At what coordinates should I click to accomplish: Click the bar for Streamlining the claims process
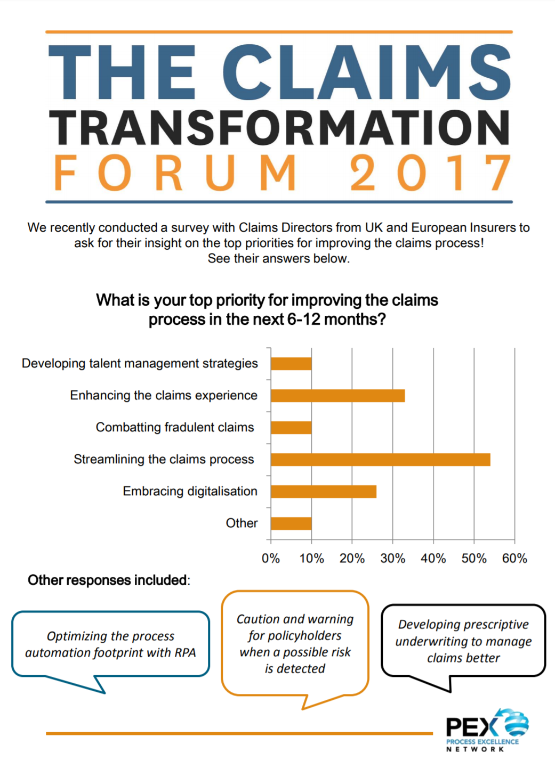[380, 460]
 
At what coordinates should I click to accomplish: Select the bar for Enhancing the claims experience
[337, 396]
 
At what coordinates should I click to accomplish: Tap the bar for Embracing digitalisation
[323, 492]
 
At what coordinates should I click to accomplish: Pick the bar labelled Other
[291, 523]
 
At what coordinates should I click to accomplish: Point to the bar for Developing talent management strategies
[291, 364]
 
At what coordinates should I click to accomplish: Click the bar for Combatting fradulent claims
[291, 428]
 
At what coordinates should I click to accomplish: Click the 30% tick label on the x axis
[392, 559]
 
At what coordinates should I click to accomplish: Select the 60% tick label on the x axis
[514, 559]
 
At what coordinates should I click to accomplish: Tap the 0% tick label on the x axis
[271, 559]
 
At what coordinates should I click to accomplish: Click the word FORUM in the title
[175, 173]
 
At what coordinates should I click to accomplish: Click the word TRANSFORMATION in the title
[279, 128]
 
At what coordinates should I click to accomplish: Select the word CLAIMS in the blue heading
[367, 72]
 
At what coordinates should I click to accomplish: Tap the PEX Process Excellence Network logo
[486, 731]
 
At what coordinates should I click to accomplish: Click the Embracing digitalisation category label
[190, 492]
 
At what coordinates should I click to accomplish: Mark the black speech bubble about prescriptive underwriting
[463, 641]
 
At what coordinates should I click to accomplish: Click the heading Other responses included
[109, 580]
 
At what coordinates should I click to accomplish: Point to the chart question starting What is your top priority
[267, 310]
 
